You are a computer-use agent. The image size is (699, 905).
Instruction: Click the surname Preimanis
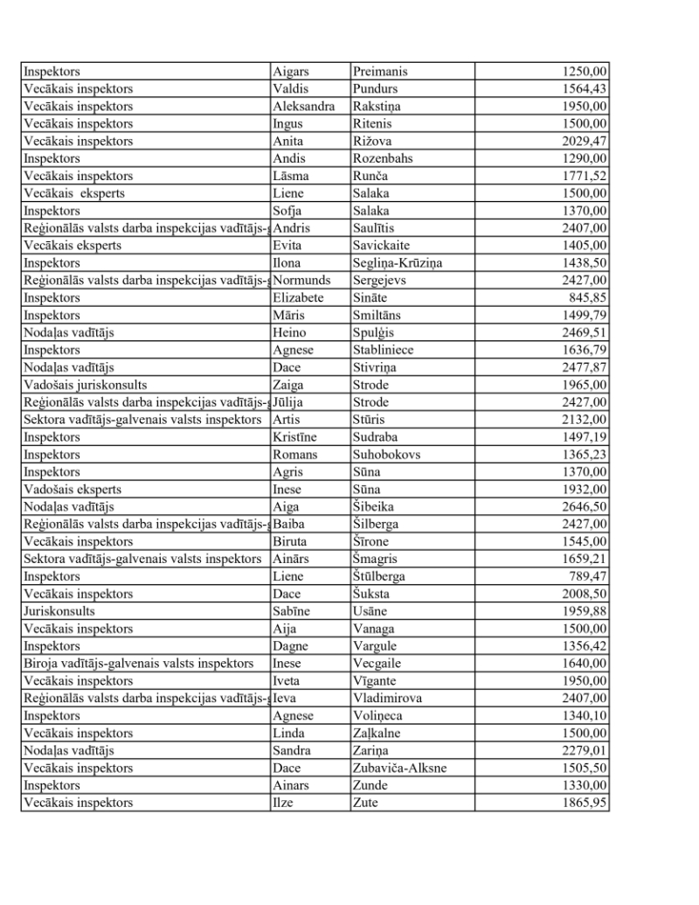380,72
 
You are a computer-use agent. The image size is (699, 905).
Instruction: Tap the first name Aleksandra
303,106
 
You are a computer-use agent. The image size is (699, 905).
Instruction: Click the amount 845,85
589,297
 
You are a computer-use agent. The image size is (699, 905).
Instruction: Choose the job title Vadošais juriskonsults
85,385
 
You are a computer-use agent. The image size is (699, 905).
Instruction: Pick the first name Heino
288,332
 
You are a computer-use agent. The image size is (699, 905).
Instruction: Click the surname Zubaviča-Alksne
401,768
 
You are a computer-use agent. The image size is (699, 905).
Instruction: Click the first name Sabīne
291,611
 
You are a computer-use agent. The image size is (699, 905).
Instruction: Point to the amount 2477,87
585,367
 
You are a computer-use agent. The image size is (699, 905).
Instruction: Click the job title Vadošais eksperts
73,489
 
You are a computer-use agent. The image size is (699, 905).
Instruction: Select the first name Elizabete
298,297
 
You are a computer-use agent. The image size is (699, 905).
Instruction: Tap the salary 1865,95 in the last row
585,803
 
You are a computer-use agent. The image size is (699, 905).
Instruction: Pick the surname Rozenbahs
383,158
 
